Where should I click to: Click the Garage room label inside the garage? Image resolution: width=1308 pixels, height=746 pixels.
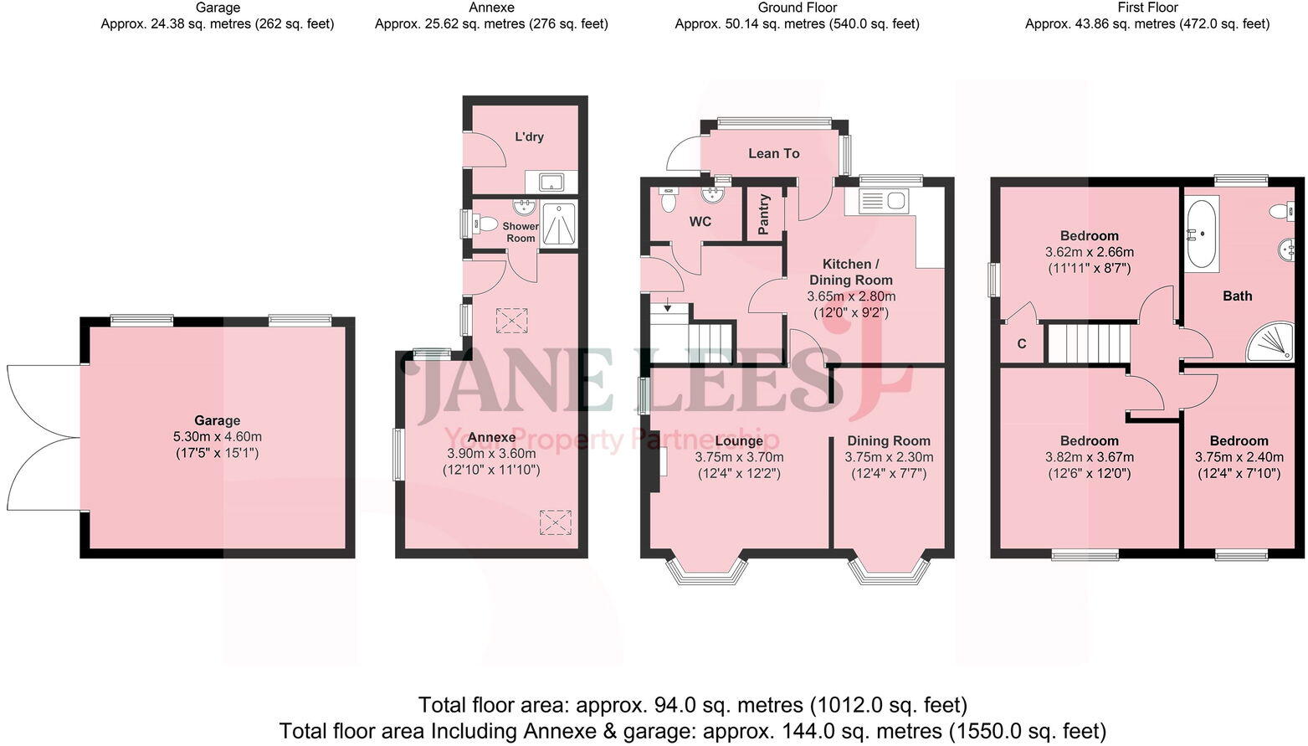[x=218, y=420]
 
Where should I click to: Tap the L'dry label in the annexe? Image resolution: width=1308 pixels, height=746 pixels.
[x=529, y=136]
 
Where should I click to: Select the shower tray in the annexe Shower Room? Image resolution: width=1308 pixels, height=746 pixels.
[x=559, y=224]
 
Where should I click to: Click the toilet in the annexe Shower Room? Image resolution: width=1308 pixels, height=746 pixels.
[x=484, y=224]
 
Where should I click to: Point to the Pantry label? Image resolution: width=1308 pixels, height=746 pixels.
[x=764, y=214]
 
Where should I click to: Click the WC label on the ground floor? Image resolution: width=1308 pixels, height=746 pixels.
[x=700, y=222]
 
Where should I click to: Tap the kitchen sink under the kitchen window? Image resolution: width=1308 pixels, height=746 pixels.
[x=884, y=201]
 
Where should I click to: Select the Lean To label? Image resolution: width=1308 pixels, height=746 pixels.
[x=774, y=153]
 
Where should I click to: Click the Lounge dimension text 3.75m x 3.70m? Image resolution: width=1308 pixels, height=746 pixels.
[x=739, y=457]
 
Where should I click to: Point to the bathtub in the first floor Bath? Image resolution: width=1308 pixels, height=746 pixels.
[x=1201, y=234]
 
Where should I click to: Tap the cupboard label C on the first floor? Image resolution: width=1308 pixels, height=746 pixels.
[x=1022, y=344]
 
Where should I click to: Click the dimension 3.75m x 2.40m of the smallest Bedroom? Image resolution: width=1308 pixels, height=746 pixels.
[x=1239, y=457]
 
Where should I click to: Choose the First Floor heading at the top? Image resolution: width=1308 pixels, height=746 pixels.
[x=1147, y=8]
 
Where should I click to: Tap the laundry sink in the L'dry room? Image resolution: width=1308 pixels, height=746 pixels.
[x=551, y=182]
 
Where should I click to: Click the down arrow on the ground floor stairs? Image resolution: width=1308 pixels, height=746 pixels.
[x=667, y=306]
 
